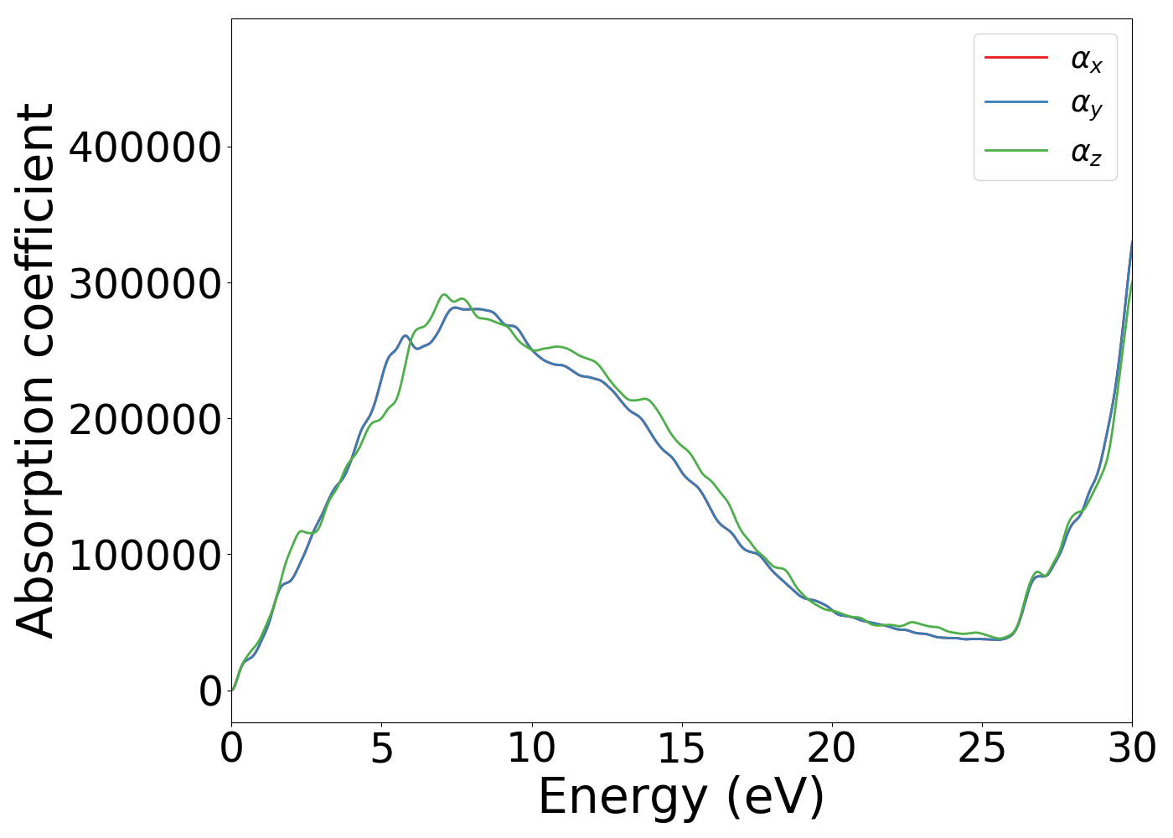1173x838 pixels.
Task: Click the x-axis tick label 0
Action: point(231,748)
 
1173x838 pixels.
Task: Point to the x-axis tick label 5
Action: point(381,748)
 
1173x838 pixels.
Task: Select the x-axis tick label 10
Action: point(531,748)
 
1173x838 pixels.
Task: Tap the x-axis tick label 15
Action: point(681,748)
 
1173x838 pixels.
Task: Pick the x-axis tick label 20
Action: point(831,748)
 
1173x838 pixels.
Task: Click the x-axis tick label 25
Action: point(981,748)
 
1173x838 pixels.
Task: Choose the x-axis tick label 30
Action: point(1131,748)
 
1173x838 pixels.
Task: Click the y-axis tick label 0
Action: point(210,691)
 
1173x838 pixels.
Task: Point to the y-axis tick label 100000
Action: point(145,556)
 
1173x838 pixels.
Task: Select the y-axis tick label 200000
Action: point(145,419)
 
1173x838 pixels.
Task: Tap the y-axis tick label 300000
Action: point(145,283)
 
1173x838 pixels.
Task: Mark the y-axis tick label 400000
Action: point(145,147)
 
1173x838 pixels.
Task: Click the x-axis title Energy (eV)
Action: point(681,797)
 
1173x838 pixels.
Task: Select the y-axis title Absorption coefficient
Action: point(35,370)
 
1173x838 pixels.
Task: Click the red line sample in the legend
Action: point(1015,58)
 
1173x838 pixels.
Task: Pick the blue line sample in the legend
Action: point(1015,102)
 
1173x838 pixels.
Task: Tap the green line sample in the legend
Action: point(1015,151)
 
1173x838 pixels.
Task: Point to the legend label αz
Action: point(1086,153)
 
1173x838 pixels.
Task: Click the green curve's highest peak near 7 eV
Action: point(444,295)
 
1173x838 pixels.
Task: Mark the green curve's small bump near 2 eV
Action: point(300,531)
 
